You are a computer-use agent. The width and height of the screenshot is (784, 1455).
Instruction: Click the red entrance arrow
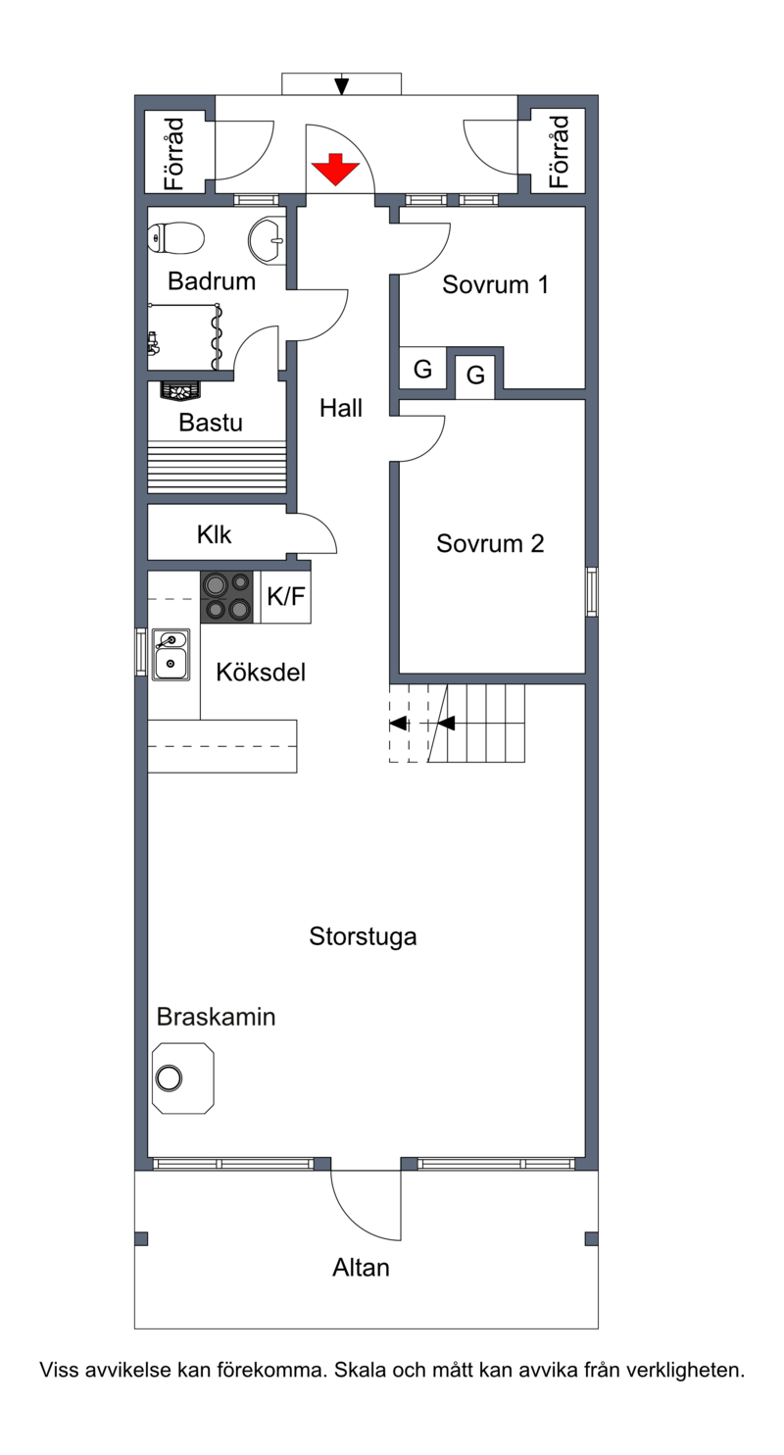335,169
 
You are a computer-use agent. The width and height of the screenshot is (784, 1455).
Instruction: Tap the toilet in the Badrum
175,238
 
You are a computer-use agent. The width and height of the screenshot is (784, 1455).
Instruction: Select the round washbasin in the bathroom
267,240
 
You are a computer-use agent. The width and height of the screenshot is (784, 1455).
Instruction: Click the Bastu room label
211,423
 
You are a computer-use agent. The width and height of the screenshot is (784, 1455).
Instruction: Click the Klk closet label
215,534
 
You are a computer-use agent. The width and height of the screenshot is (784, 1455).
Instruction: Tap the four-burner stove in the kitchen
226,596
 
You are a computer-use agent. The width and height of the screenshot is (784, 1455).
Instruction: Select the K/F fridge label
285,596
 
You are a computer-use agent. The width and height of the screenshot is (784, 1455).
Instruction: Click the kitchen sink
171,655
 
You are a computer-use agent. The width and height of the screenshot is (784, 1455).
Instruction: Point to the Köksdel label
261,672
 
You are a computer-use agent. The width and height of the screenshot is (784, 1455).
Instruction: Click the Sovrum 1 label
495,284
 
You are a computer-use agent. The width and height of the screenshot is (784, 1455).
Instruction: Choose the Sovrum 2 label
490,544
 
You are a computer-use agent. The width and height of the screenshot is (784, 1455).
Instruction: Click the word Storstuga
363,936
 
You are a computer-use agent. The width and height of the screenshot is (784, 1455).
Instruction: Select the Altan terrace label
361,1268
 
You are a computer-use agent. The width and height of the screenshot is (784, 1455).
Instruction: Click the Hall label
341,408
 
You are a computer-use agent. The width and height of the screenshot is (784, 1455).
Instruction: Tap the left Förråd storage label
174,153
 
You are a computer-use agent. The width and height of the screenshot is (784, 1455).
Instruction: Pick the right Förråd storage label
559,152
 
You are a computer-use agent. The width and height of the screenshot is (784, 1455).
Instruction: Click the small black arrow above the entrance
341,85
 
